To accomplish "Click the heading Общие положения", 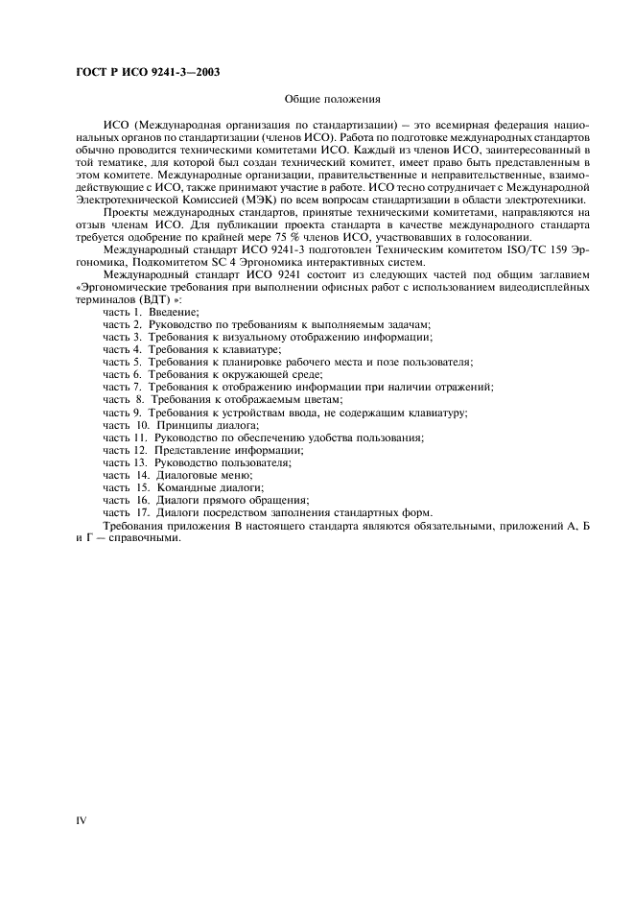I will tap(334, 99).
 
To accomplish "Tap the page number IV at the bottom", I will tap(81, 821).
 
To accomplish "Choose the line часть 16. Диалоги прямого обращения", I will tap(206, 499).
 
